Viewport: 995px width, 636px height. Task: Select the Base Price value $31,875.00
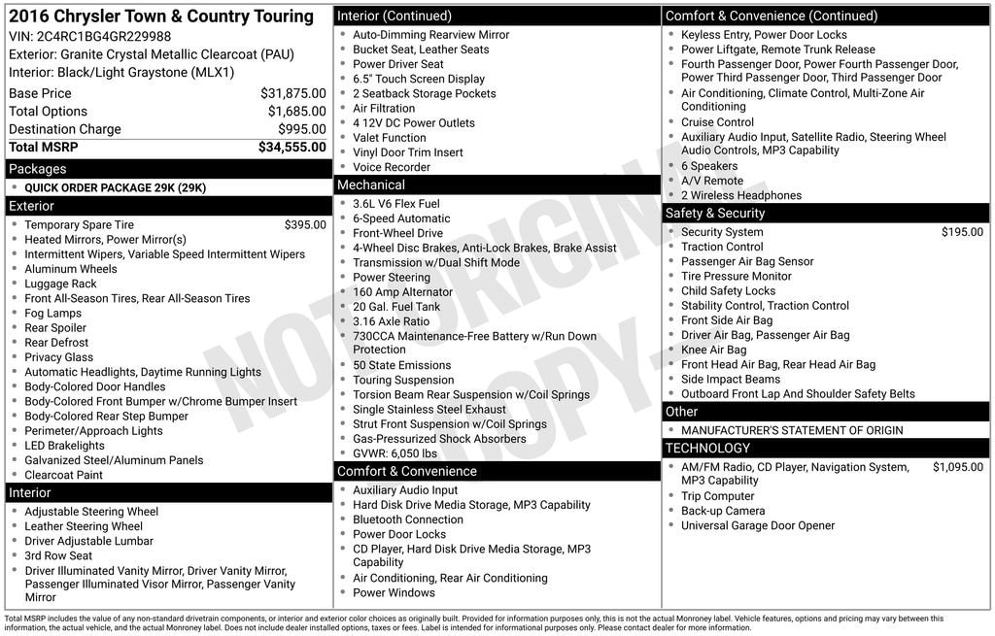(x=293, y=93)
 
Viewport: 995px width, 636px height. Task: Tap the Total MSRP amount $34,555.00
(x=292, y=147)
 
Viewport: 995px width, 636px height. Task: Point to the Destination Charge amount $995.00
(x=302, y=129)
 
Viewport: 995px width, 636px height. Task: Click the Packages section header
(x=38, y=169)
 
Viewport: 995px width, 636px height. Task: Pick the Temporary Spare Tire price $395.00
(x=305, y=224)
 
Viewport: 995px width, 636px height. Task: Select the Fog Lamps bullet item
(x=53, y=313)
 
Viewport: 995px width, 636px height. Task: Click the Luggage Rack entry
(x=60, y=284)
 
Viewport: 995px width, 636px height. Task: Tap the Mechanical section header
(x=371, y=184)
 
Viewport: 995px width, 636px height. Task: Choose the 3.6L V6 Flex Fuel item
(x=396, y=204)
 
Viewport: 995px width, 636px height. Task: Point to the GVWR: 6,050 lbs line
(x=395, y=453)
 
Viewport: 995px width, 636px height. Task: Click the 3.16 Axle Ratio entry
(x=391, y=321)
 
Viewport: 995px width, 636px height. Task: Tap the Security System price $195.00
(x=962, y=232)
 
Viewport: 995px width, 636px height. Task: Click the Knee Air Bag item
(x=714, y=350)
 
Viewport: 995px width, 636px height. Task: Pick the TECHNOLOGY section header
(x=708, y=449)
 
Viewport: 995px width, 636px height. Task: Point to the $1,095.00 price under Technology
(x=958, y=467)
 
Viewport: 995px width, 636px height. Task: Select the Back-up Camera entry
(x=723, y=511)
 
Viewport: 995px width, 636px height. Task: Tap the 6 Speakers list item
(x=709, y=166)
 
